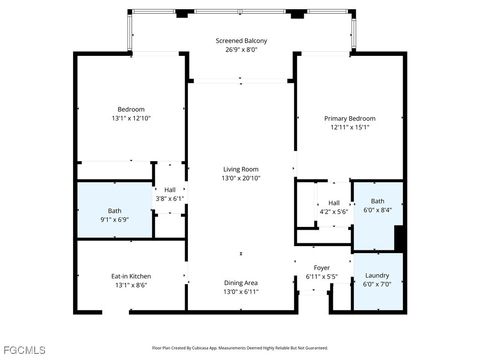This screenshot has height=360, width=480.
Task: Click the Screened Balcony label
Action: (241, 41)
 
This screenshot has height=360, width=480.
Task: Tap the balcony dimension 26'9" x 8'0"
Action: (241, 49)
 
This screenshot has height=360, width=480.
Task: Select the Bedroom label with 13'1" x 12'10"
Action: (131, 109)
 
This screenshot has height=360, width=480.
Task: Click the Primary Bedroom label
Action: (348, 118)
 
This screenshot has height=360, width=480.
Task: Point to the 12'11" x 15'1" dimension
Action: (348, 127)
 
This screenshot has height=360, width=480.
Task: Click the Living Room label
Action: (241, 169)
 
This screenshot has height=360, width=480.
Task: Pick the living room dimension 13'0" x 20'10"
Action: (241, 178)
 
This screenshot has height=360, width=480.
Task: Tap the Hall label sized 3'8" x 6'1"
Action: (170, 190)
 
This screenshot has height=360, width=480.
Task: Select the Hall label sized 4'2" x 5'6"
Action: (333, 203)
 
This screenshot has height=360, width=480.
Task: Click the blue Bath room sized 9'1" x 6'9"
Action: (115, 214)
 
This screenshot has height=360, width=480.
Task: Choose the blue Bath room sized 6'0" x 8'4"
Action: (377, 205)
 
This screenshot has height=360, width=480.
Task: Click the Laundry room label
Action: (377, 275)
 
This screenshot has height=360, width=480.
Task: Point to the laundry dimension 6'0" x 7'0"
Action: (377, 284)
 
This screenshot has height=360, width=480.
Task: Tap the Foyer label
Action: (321, 268)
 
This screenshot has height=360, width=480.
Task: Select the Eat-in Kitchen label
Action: (131, 276)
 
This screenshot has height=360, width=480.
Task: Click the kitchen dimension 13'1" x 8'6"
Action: (131, 285)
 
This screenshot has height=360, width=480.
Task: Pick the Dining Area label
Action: (241, 282)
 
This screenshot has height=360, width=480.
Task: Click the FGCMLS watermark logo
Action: (24, 350)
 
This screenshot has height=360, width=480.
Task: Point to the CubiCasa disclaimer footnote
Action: (240, 347)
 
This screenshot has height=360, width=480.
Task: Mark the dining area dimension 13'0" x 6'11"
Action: (241, 291)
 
